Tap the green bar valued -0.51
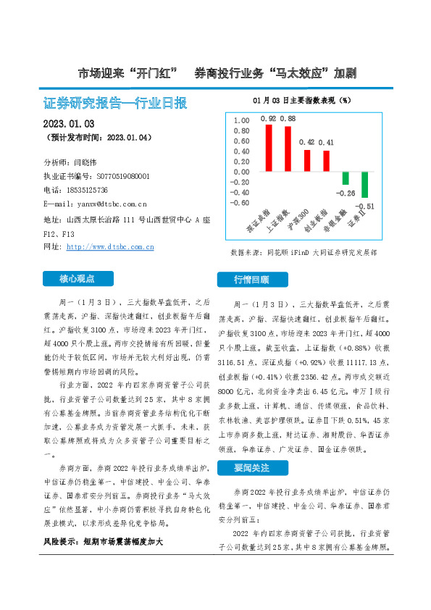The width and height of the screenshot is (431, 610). (x=364, y=185)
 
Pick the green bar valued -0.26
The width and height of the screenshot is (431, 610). (x=346, y=178)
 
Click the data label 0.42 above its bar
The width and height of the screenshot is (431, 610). (x=306, y=142)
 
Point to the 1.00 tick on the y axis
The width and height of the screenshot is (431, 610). (x=240, y=121)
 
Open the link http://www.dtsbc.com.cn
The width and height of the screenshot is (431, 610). (x=110, y=246)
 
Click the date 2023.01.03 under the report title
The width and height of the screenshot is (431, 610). (x=69, y=123)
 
